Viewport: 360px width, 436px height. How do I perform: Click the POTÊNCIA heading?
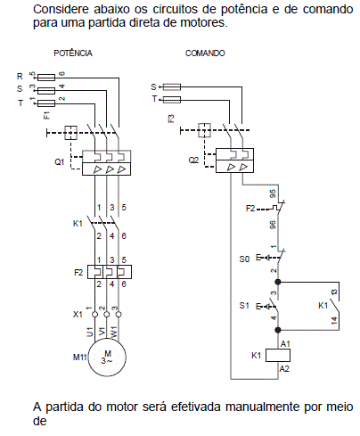(x=73, y=53)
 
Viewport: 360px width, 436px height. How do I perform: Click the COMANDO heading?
(x=205, y=53)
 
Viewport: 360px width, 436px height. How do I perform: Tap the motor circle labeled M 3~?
(x=107, y=357)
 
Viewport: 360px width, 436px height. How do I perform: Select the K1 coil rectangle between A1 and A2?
(x=278, y=356)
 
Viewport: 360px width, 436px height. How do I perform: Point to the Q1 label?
(x=60, y=162)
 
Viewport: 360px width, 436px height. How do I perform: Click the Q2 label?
(x=193, y=160)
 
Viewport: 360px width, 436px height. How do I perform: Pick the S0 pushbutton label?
(x=244, y=259)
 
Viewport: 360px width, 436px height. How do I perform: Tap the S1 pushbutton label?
(x=244, y=305)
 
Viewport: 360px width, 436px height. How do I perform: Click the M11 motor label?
(x=79, y=357)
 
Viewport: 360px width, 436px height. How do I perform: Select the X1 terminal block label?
(x=78, y=315)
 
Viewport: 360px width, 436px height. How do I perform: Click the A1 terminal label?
(x=285, y=344)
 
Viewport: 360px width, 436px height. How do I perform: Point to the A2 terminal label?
(x=284, y=369)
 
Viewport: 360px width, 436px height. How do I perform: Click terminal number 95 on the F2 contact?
(x=273, y=193)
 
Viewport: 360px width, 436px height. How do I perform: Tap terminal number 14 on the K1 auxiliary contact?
(x=334, y=321)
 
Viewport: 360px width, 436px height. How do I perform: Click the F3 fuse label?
(x=171, y=119)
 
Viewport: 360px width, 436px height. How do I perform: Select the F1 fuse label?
(x=47, y=115)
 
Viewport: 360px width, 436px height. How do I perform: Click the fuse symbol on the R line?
(x=46, y=78)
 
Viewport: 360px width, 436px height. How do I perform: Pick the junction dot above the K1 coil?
(x=278, y=330)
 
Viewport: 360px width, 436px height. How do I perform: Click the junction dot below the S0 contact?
(x=278, y=282)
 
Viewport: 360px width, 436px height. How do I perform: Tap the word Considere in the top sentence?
(x=61, y=9)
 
